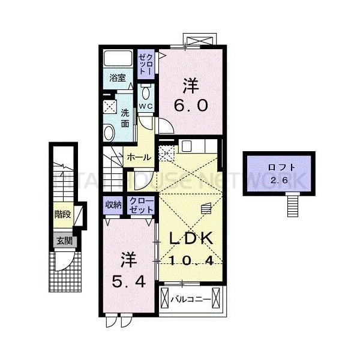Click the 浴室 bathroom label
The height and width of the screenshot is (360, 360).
pos(118,77)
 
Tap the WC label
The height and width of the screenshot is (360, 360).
pos(146,106)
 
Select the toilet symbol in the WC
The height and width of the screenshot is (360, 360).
pos(146,93)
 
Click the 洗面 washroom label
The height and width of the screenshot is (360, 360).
pos(125,118)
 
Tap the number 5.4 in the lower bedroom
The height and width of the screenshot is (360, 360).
pos(128,280)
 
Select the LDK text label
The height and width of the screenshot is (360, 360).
pos(191,238)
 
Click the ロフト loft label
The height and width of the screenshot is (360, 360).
pos(278,169)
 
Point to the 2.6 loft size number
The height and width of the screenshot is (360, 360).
pos(278,181)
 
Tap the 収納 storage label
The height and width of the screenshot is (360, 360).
pos(113,205)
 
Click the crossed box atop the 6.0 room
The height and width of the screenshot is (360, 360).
pos(199,41)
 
